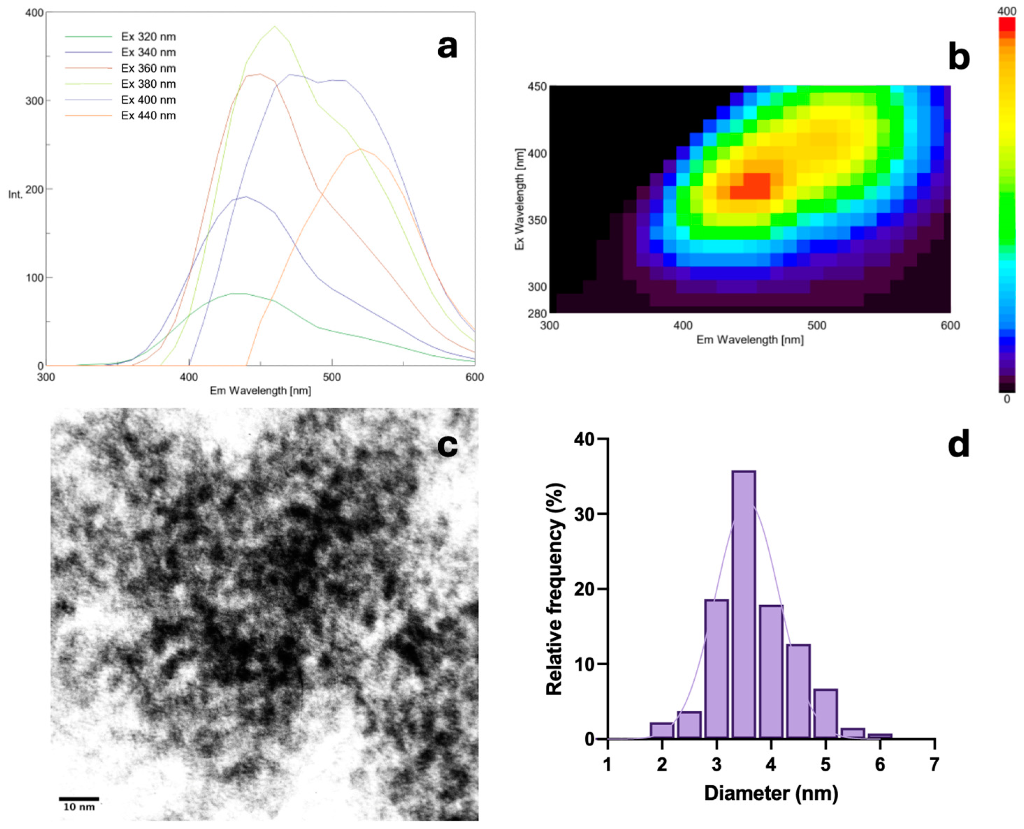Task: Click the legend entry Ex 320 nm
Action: click(x=148, y=37)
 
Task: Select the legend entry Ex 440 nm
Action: click(x=148, y=116)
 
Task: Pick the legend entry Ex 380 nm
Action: click(x=148, y=84)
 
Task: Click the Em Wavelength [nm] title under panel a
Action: click(x=261, y=391)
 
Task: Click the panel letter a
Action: click(x=447, y=48)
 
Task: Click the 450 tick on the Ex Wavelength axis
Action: click(x=537, y=87)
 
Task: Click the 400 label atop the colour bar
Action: click(x=1007, y=10)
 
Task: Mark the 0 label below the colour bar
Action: click(x=1007, y=400)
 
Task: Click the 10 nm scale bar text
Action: click(x=79, y=807)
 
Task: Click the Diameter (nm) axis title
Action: click(x=771, y=793)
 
